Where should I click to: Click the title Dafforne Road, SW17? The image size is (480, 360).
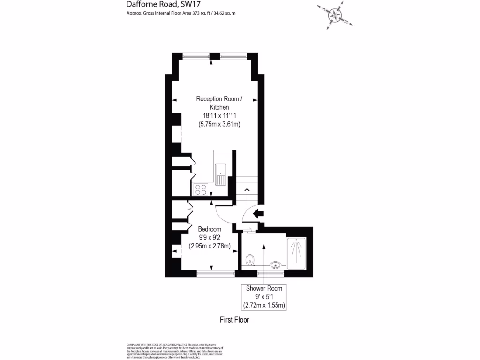153,4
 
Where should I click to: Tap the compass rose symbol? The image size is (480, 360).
335,15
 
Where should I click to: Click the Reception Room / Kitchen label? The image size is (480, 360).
219,103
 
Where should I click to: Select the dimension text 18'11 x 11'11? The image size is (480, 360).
219,116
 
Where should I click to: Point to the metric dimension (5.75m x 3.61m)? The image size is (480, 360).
219,124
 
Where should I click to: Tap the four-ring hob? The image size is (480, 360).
201,189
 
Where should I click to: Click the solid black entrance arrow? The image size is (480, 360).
258,214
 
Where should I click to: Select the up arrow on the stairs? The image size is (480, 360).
247,190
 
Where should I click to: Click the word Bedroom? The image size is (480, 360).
210,229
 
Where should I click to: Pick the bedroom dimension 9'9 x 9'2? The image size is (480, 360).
210,238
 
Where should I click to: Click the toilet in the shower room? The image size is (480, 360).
250,259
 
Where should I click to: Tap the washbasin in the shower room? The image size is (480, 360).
276,265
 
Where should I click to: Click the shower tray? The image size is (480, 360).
296,253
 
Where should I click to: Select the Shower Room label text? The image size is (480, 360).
264,288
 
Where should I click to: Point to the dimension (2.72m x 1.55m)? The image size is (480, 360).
264,305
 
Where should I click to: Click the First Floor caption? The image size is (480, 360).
234,320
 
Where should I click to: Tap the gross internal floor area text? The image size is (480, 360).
180,13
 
